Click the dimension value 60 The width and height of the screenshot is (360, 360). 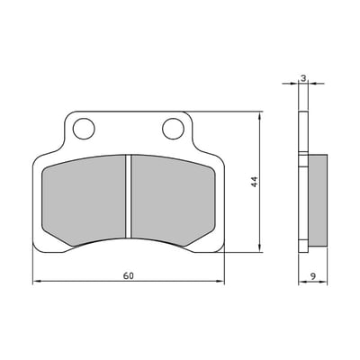129,275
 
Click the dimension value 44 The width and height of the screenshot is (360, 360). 255,182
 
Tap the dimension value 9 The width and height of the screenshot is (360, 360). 311,275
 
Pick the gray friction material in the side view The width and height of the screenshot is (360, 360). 315,201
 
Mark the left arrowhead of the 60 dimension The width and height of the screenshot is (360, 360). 37,283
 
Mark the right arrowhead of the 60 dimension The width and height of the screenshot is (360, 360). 220,283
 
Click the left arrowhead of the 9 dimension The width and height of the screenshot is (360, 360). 301,283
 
